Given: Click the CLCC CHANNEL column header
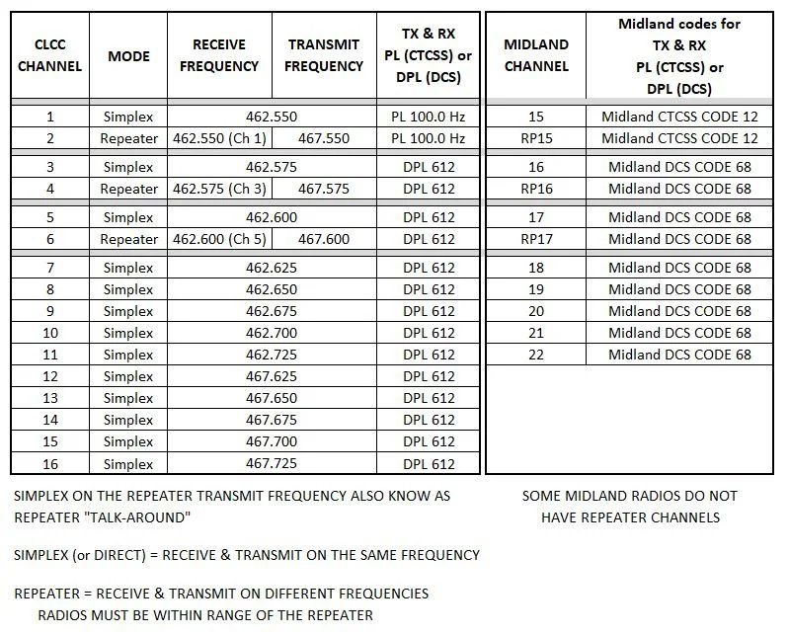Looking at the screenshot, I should [50, 55].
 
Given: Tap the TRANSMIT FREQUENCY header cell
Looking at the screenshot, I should [325, 55].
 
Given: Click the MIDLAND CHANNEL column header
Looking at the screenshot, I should [536, 55].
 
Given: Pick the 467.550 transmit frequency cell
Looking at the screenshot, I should [324, 138].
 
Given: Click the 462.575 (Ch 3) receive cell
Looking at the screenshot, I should [219, 189].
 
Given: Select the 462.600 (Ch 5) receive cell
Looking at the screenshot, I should [219, 239].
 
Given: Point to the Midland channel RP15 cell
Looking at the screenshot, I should [536, 138].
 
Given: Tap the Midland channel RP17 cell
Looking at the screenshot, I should [536, 239].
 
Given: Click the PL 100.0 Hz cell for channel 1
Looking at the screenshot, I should [429, 117].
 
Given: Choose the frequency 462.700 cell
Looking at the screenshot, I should [272, 333].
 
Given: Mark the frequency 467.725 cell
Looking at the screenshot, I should [272, 463].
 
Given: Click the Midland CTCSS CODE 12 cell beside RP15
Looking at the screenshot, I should [679, 138].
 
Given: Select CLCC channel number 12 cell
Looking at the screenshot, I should [50, 376].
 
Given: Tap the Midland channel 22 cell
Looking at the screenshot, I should [536, 355].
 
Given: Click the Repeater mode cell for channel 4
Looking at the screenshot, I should [128, 189].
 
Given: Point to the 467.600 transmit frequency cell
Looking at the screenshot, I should [324, 239].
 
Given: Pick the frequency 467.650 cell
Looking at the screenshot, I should [272, 398].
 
